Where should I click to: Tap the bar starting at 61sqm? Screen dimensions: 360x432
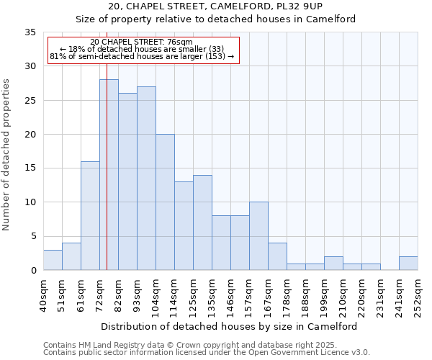(x=90, y=216)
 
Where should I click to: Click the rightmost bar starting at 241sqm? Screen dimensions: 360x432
(x=408, y=264)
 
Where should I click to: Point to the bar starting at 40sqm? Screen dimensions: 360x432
(x=53, y=260)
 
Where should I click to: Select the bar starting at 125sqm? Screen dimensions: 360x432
(x=202, y=222)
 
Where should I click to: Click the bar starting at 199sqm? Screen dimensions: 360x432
(x=333, y=264)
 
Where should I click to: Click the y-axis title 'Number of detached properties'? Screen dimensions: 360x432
(x=7, y=155)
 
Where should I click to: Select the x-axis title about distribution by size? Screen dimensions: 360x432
(x=230, y=326)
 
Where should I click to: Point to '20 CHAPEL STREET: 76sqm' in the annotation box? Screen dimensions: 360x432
(x=142, y=42)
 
